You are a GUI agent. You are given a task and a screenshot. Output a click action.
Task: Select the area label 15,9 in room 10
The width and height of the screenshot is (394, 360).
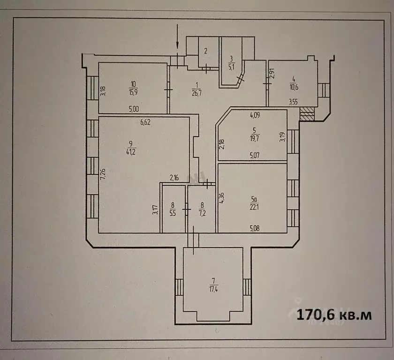coord(133,91)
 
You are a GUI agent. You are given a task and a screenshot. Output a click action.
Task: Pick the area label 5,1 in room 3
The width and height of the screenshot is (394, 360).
coord(231,66)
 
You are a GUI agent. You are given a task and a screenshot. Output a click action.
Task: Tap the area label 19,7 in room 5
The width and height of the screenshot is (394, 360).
coord(254,138)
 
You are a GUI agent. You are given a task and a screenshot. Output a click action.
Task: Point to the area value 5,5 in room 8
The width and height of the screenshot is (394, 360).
coord(173,211)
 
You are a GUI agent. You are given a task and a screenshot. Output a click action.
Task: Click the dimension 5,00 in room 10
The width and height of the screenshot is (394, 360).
coord(134,109)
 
